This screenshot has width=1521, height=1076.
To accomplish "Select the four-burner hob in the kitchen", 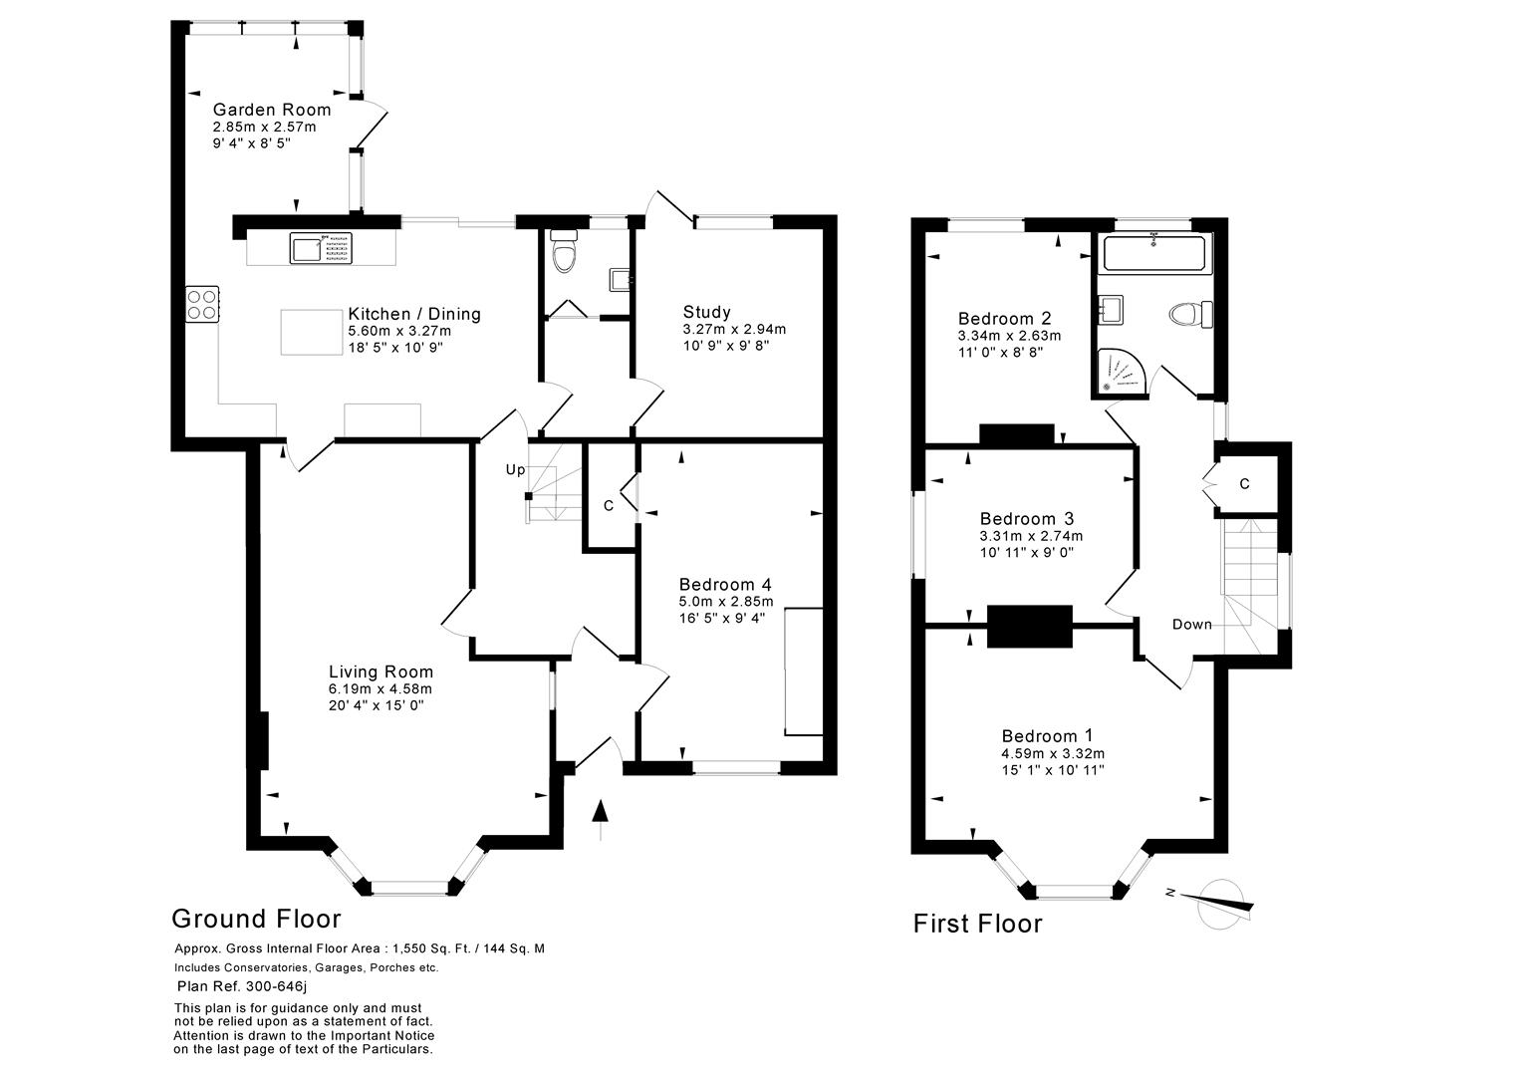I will coord(202,304).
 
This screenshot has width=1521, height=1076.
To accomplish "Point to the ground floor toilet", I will coord(564,254).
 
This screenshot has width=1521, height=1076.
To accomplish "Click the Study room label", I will coord(706,312).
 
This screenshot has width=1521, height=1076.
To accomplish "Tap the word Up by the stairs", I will coord(515,469).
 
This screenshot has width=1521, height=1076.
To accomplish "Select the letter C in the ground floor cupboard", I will coord(608,505).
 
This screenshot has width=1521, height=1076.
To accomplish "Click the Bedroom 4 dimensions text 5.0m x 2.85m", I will coord(726,602).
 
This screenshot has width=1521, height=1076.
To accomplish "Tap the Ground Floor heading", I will coord(256,919).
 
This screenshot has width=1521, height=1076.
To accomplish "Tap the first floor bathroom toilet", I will coord(1188,315).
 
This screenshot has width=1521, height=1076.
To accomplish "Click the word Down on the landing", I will coord(1191,625).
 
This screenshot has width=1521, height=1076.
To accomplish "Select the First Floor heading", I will coord(977,924).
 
